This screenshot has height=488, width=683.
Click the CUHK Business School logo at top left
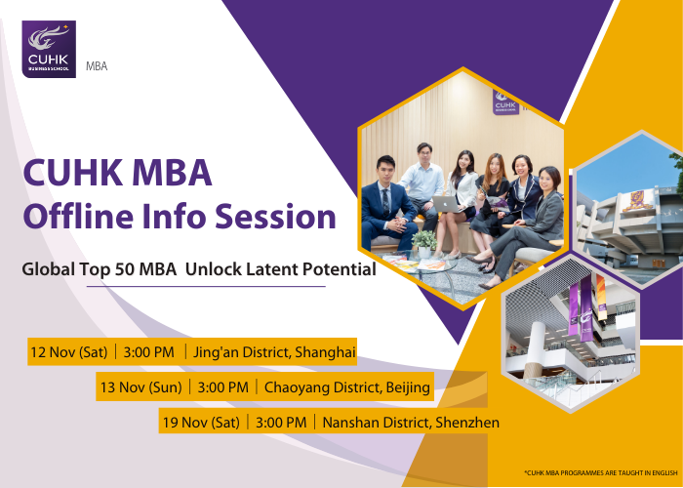pos(49,49)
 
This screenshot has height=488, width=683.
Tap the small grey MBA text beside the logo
pos(97,66)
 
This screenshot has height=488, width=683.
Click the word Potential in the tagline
pos(340,269)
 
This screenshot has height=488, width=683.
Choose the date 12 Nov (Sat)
pos(69,351)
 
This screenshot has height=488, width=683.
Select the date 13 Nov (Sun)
pos(141,386)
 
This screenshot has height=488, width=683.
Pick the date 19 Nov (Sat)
pos(201,423)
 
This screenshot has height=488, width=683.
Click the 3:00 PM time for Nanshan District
pos(281,423)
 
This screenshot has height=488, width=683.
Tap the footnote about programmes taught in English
pos(601,472)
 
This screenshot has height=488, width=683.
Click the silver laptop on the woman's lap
pos(448,204)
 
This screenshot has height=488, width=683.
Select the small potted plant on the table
pos(423,243)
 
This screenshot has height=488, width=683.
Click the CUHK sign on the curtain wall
pos(505,102)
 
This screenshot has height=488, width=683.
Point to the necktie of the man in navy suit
pos(385,203)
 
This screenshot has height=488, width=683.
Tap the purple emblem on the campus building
pos(638,201)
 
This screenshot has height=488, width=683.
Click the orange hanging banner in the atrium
pos(601,297)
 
